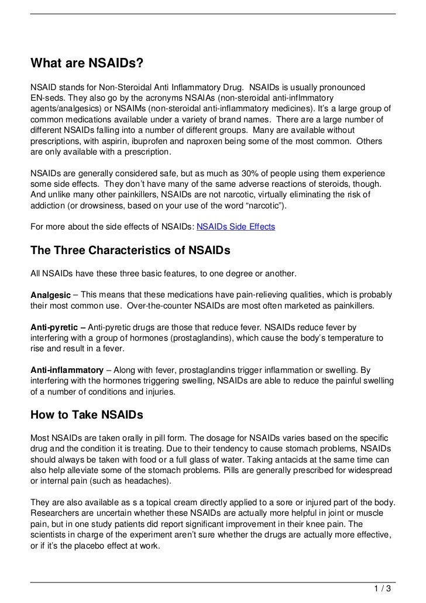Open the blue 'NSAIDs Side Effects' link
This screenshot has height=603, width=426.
(235, 227)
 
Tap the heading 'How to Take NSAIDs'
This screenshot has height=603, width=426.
(87, 415)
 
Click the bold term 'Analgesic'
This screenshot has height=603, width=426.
(50, 295)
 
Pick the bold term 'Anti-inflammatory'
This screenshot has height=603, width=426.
(67, 371)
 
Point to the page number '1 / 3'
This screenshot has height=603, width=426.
(383, 588)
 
